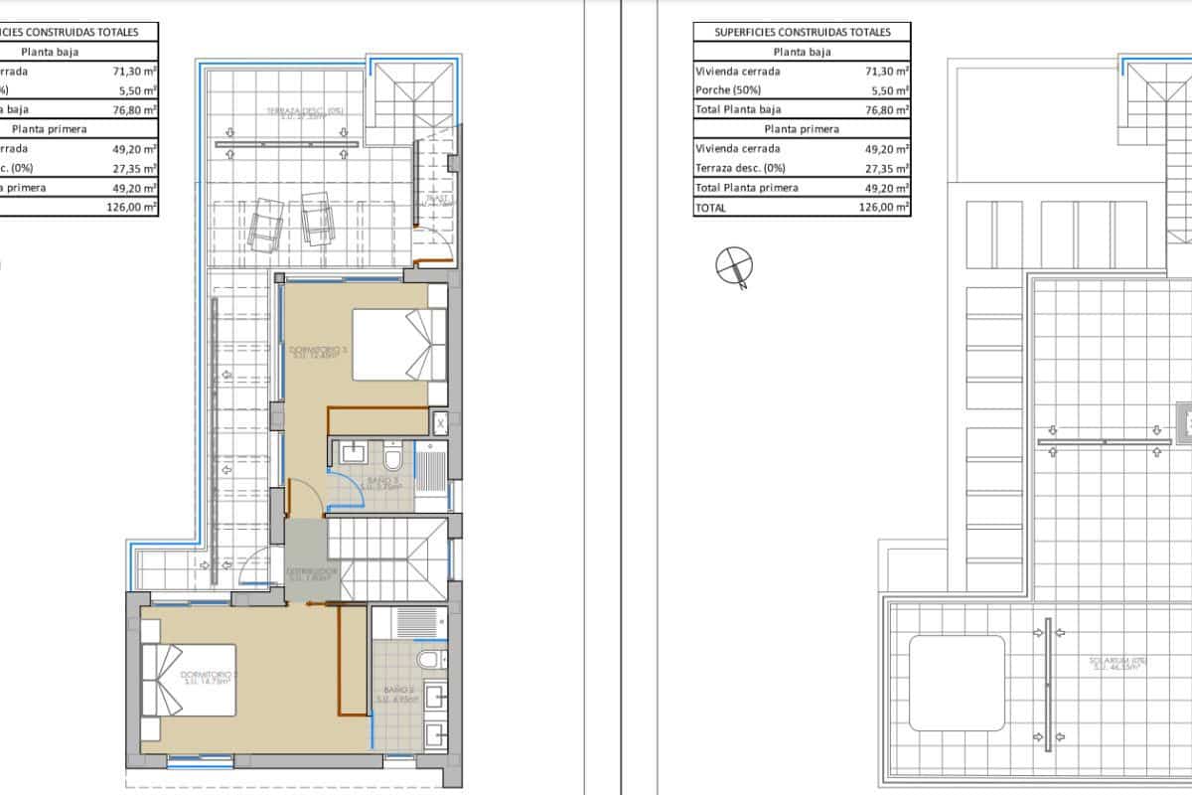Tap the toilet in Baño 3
tap(392, 459)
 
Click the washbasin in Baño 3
tap(354, 455)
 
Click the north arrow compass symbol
tap(734, 266)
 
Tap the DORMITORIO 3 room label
tap(318, 351)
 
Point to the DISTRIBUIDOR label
tap(312, 573)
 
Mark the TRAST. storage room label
tap(438, 199)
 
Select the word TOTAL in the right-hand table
tap(712, 208)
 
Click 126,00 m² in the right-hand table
tap(884, 208)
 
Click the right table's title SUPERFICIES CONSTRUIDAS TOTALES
tap(803, 32)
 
